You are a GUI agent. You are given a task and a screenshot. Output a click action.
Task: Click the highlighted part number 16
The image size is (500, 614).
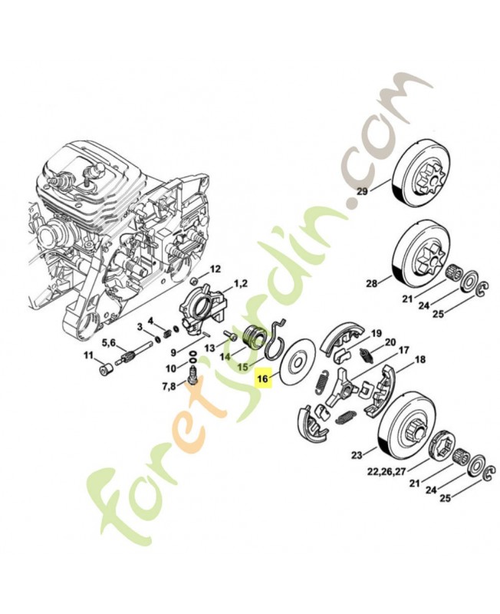coord(263,378)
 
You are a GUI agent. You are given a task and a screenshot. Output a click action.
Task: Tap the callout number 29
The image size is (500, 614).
coord(363,191)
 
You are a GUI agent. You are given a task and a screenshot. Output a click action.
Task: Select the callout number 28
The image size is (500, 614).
coord(371,282)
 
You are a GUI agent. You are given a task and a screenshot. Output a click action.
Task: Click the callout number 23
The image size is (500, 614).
coord(357,455)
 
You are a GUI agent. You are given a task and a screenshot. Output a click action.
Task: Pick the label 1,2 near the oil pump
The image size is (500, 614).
coord(240,283)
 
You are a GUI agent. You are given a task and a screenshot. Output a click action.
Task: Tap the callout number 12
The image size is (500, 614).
coord(215,269)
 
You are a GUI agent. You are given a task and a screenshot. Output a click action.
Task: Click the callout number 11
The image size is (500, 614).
coord(88,355)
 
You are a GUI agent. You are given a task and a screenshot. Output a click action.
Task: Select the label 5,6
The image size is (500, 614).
coord(109,343)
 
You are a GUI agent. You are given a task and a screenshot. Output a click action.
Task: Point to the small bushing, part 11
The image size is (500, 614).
coord(106,369)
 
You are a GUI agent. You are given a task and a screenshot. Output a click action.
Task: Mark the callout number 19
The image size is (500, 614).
coord(376,334)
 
